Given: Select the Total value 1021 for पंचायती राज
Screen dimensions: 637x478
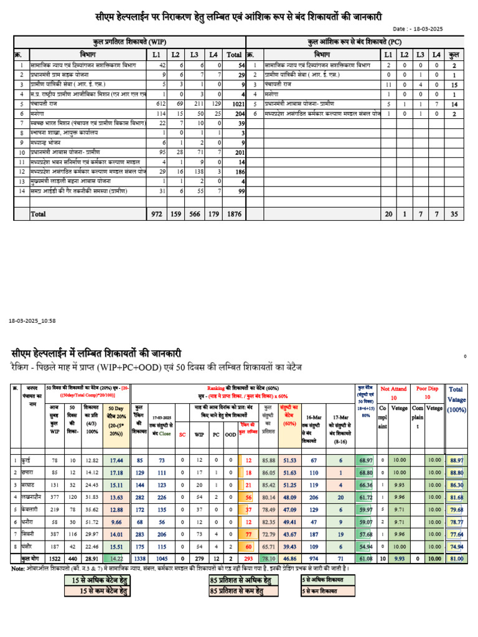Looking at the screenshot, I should click(235, 105).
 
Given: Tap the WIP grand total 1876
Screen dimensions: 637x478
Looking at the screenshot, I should click(234, 213).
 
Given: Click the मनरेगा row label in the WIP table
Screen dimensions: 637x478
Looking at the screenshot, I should click(40, 114).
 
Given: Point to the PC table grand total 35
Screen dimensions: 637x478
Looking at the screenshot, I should click(454, 213).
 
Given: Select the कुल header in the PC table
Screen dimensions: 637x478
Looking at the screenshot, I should click(454, 55).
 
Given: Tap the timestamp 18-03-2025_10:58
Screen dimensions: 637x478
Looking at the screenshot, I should click(32, 320).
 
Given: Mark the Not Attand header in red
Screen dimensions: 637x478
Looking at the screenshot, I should click(393, 388).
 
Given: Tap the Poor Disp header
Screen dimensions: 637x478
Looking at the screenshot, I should click(428, 388).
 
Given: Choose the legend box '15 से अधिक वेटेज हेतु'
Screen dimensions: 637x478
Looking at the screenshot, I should click(97, 580).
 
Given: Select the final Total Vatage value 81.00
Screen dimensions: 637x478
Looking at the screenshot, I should click(456, 559).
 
